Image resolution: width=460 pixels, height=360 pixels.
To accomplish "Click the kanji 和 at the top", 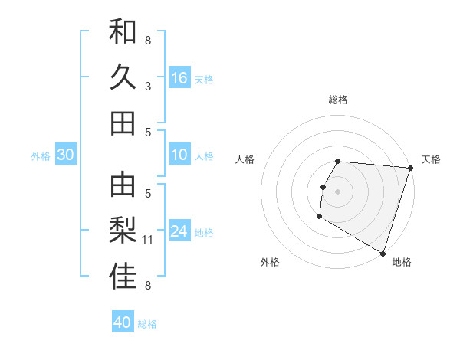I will (x=123, y=33).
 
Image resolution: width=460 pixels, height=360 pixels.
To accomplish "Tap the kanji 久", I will (x=123, y=77).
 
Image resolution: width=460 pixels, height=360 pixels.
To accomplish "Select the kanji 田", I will (x=123, y=123).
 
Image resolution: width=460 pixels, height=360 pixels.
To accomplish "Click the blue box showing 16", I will (x=179, y=78).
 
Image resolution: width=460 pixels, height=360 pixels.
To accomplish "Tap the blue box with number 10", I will (x=179, y=155).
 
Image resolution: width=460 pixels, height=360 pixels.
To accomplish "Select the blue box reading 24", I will (x=179, y=232).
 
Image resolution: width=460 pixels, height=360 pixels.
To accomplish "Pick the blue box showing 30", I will (x=66, y=155).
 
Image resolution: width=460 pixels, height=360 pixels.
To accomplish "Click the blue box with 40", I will (x=123, y=322).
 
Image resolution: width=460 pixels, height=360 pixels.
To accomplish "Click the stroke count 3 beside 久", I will (x=148, y=87).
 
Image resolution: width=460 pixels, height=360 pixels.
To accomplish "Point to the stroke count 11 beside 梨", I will (x=149, y=240).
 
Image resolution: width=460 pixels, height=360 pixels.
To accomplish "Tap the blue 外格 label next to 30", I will (x=41, y=156).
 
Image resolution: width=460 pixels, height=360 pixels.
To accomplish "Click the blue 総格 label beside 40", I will (x=148, y=324).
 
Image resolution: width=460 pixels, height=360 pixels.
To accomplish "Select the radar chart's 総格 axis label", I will (x=338, y=100).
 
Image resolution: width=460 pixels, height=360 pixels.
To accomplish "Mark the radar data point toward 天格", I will (x=410, y=168).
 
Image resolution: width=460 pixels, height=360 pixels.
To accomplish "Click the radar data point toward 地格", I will (x=382, y=252).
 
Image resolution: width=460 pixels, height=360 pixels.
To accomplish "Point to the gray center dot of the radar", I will (x=337, y=191).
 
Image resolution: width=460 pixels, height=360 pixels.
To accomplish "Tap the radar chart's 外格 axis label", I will (x=270, y=263).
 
